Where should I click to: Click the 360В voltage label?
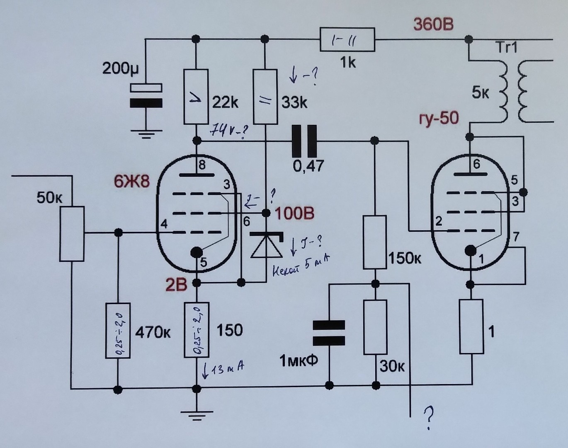coord(433,24)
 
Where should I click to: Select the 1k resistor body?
coord(347,40)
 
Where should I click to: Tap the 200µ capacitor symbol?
coord(146,95)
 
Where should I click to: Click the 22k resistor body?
coord(196,97)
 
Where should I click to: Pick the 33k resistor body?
coord(265,97)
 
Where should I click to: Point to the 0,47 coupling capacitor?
coord(305,141)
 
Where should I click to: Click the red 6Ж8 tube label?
coord(132,181)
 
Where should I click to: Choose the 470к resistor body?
coord(118,331)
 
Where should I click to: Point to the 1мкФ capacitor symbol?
coord(329,333)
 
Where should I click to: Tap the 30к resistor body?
coord(375,327)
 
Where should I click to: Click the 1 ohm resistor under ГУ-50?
coord(471,326)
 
